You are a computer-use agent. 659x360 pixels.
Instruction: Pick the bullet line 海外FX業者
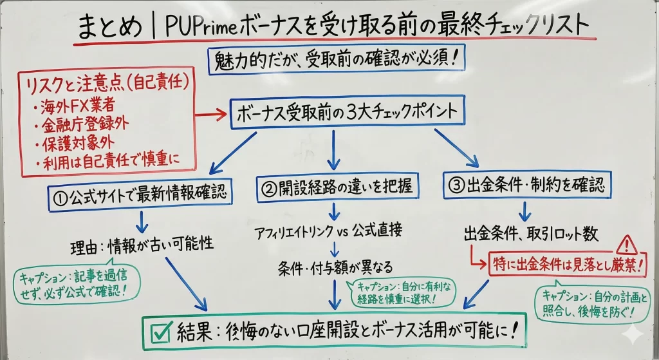tap(72, 106)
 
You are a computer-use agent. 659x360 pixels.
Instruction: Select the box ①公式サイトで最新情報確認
tap(140, 191)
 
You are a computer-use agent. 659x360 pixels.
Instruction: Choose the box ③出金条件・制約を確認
tap(526, 186)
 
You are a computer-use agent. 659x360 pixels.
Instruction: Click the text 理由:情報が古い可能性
tap(142, 246)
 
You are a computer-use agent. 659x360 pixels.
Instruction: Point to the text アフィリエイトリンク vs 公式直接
tap(333, 232)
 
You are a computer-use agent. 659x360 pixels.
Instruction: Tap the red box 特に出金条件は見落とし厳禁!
tap(566, 263)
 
